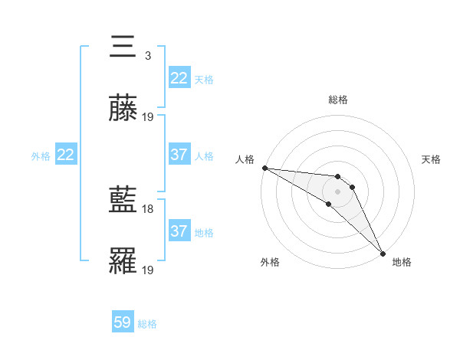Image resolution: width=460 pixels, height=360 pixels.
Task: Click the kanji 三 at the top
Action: point(123,47)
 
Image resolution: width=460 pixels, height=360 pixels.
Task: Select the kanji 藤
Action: point(123,108)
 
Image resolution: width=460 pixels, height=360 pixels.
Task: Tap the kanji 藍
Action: point(123,200)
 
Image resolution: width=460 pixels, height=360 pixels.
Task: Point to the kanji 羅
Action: point(123,261)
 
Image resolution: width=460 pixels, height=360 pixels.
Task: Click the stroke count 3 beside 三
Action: point(148,55)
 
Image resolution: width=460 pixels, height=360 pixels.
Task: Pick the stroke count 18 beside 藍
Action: point(148,208)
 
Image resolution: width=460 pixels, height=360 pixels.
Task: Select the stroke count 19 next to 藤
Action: point(148,116)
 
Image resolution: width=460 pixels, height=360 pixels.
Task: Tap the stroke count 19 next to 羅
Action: point(148,270)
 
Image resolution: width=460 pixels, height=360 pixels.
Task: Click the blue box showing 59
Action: point(123,322)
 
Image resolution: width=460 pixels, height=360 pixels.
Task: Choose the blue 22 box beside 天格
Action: point(179,78)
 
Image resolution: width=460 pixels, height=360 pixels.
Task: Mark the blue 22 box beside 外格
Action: point(66,155)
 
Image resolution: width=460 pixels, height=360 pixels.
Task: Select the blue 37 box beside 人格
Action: point(179,155)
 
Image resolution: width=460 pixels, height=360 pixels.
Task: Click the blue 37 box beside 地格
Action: point(179,231)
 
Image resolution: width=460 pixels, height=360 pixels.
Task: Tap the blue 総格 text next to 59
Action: point(147,324)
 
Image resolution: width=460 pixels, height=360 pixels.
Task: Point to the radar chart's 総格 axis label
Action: point(338,100)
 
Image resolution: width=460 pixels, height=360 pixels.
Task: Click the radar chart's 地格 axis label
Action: point(402,262)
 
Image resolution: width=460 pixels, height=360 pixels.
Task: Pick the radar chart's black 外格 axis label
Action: point(270,262)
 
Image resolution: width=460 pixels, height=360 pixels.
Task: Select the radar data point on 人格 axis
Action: point(264,168)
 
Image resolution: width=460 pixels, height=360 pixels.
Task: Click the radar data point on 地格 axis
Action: point(383,253)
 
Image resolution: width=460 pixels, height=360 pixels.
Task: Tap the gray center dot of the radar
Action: point(337,191)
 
